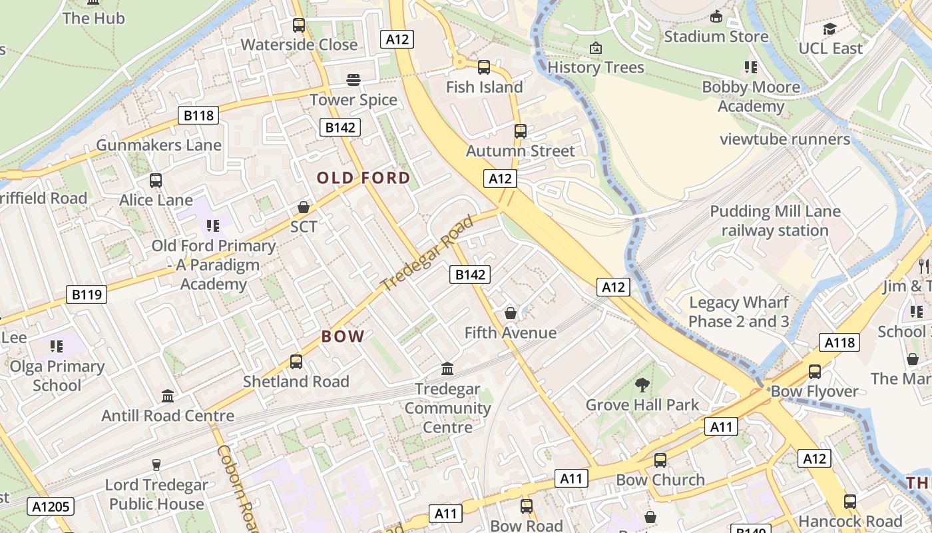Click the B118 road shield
198,115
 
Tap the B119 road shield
87,294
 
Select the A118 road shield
839,342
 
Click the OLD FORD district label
363,178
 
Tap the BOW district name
343,336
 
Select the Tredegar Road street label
428,253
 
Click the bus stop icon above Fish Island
484,67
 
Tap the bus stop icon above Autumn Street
520,131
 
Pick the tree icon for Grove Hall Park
642,384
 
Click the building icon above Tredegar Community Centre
447,368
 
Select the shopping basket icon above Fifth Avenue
510,312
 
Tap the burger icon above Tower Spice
353,80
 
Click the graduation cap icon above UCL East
829,29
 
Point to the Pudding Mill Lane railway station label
775,221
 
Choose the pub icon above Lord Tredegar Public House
156,464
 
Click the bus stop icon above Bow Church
660,460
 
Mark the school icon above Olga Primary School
57,346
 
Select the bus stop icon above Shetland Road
296,362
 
